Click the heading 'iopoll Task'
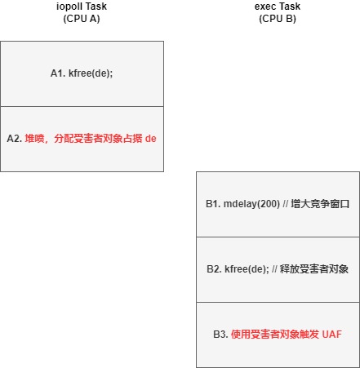[82, 7]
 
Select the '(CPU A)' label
[82, 19]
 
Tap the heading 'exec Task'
[278, 7]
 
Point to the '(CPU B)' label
[278, 19]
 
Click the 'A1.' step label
[58, 73]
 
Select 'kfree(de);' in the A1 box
[91, 73]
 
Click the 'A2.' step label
[15, 139]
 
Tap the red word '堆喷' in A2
[34, 139]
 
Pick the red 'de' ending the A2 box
[151, 139]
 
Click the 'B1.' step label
[213, 204]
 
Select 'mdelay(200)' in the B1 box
[251, 204]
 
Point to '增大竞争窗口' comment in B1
[320, 204]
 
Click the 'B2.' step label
[214, 269]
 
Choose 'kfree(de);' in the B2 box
[247, 269]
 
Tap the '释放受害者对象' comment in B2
[314, 269]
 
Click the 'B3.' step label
[220, 335]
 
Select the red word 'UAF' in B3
[331, 335]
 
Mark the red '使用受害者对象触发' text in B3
[275, 335]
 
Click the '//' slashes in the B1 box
[286, 204]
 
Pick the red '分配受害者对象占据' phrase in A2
[98, 139]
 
